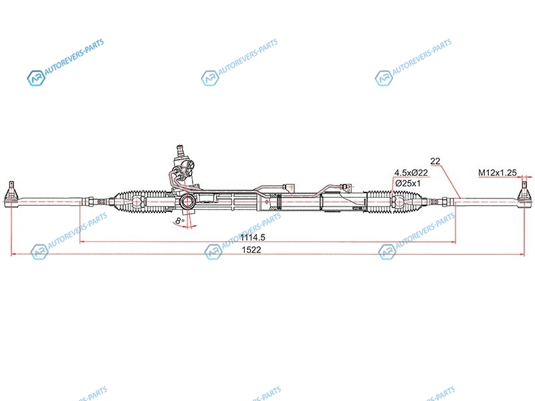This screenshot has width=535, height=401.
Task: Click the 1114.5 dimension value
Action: click(253, 237)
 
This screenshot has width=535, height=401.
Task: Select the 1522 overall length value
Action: click(251, 250)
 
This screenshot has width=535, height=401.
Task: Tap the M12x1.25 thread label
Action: click(497, 173)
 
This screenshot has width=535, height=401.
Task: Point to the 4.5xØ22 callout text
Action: click(411, 173)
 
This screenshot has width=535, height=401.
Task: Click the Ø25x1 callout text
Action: click(408, 183)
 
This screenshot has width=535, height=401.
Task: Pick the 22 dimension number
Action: click(435, 161)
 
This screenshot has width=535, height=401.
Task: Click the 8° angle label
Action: click(179, 221)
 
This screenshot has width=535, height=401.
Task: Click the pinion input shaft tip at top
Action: click(180, 148)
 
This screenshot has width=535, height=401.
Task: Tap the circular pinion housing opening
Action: click(187, 202)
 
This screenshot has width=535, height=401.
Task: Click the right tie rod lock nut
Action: click(445, 202)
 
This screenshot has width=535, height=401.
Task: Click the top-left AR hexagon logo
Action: click(36, 78)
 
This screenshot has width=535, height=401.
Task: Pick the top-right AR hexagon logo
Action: click(383, 78)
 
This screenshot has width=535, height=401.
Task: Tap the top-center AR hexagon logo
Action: click(209, 78)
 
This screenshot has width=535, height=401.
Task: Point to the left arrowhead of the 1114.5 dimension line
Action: click(82, 242)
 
